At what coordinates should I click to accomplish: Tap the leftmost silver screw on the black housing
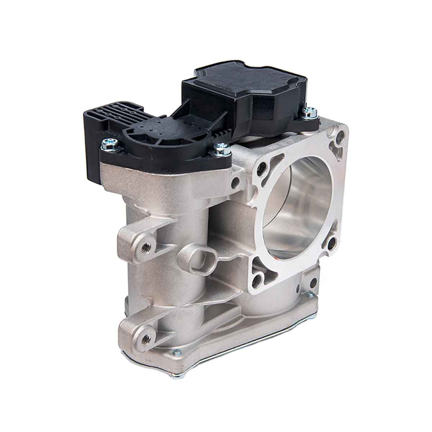[x=108, y=144]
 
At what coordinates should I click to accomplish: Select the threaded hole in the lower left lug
[x=146, y=338]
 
